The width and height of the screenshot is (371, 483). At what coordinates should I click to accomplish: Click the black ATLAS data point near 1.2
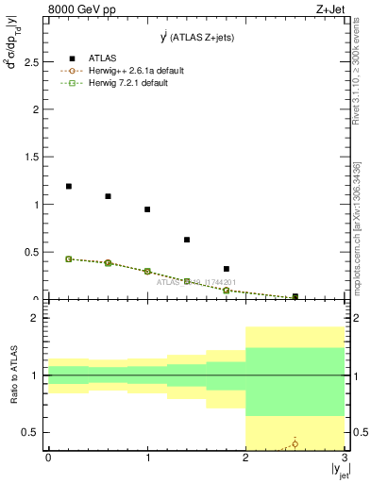(69, 186)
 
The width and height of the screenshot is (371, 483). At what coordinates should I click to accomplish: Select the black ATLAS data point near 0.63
(187, 240)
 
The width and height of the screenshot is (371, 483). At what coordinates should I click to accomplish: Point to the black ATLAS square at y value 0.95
(147, 209)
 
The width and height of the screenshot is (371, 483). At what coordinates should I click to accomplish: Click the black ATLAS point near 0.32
(227, 269)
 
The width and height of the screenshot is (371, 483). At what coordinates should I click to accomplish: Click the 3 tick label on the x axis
(345, 458)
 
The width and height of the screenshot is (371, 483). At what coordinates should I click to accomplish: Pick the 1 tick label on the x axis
(147, 458)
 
